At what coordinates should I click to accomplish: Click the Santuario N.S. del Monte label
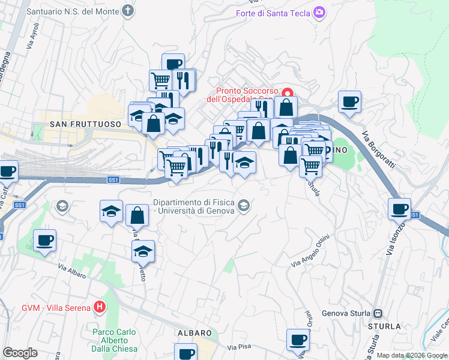click(74, 11)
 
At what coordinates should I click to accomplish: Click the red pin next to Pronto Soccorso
click(288, 93)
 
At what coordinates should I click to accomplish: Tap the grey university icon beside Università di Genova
click(243, 206)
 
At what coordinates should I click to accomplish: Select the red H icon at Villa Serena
click(100, 308)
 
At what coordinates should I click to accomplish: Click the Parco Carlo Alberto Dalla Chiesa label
click(115, 340)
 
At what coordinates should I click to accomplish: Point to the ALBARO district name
click(194, 332)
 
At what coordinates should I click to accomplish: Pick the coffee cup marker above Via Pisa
click(298, 340)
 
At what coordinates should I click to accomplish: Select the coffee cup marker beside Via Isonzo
click(399, 209)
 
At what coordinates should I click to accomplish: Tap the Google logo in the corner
click(20, 353)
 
